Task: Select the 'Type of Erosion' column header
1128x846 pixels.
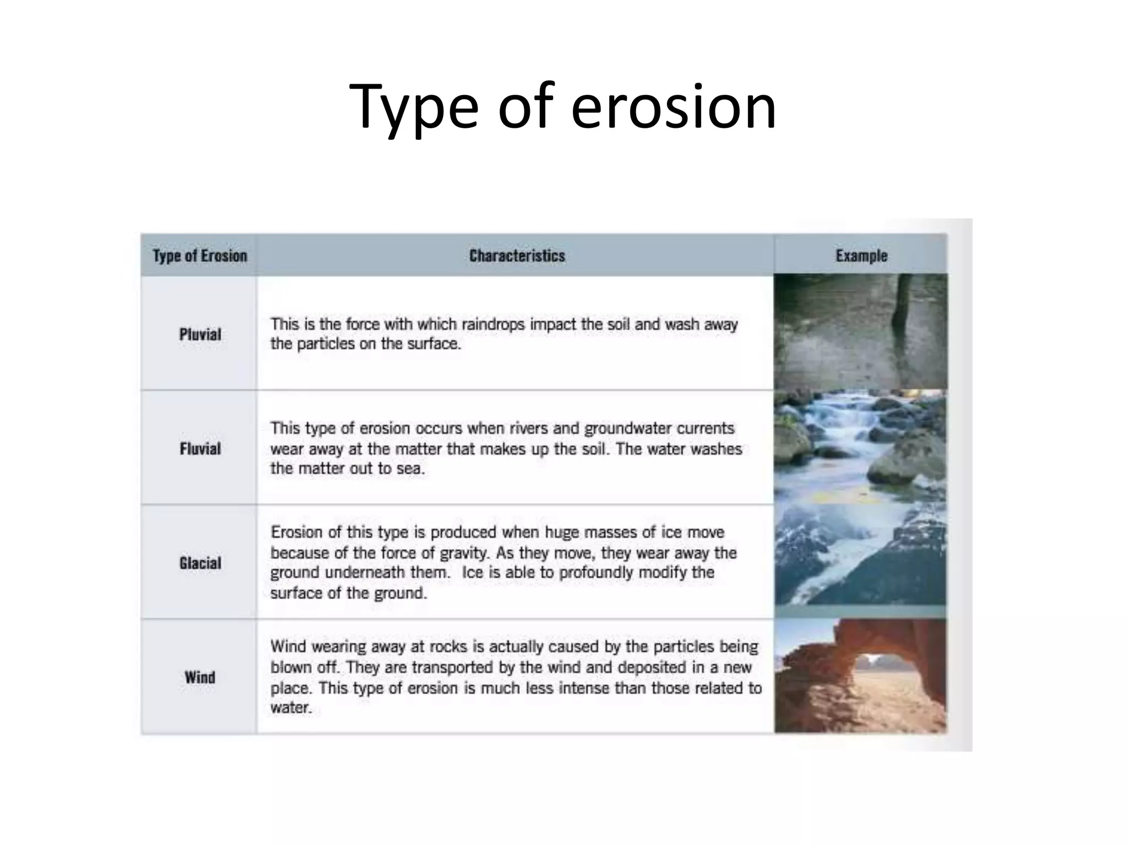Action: (199, 256)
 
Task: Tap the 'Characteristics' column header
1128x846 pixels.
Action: (517, 256)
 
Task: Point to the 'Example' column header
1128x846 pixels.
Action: (861, 256)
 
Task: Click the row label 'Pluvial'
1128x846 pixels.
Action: (200, 334)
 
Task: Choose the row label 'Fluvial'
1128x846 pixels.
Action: (200, 448)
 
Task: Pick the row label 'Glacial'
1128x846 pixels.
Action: (200, 563)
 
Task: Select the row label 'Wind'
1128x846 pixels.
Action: (200, 677)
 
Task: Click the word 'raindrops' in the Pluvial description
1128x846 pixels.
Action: (493, 324)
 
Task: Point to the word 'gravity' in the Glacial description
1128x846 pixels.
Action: (468, 552)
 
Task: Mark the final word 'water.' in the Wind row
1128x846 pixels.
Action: (291, 708)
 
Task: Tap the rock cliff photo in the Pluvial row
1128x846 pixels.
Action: (860, 332)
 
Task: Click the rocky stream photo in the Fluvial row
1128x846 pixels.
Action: (860, 446)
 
